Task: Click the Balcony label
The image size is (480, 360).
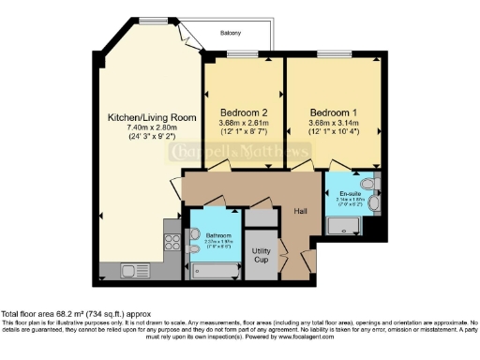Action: coord(232,33)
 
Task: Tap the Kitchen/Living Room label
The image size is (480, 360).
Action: coord(152,117)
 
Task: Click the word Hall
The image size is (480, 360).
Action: coord(301,211)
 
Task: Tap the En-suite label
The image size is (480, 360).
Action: coord(351,192)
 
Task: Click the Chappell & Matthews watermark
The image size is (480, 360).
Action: coord(239,153)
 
